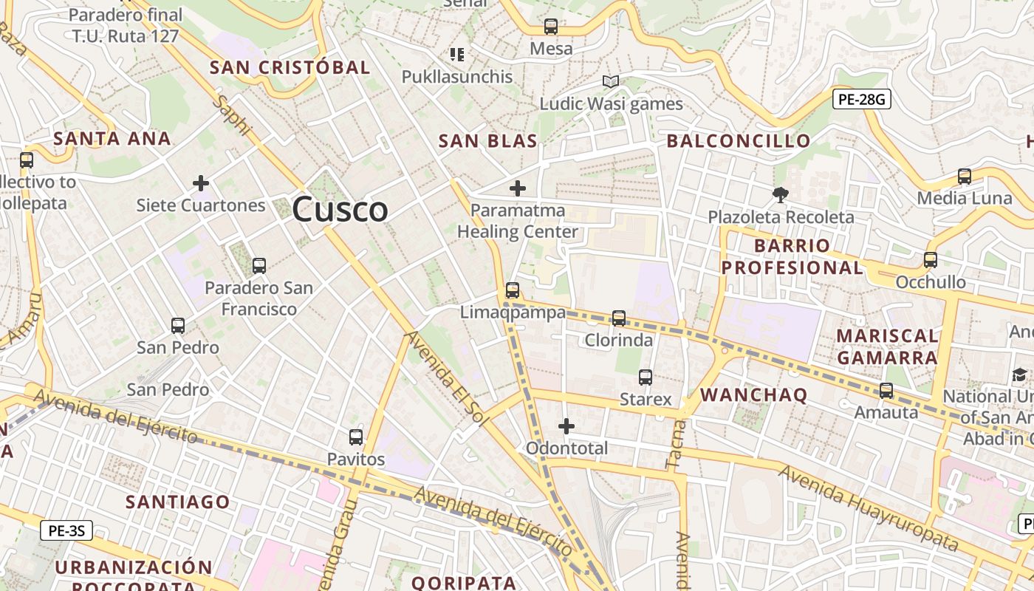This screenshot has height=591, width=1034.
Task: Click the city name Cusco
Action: [340, 210]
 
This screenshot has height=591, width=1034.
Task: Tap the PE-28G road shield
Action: [861, 99]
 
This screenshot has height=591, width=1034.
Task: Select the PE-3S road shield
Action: [66, 530]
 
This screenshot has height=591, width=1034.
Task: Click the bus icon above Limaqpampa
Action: [513, 290]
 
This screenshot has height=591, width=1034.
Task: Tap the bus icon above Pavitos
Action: [356, 437]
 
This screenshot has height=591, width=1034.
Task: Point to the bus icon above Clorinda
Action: [619, 318]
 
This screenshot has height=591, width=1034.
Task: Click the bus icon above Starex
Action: [646, 377]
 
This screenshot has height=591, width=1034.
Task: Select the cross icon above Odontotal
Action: [566, 426]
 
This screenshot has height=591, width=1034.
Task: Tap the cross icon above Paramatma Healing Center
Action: [518, 188]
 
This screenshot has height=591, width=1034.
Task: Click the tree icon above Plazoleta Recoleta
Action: [781, 195]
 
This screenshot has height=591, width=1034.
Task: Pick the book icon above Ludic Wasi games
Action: [611, 81]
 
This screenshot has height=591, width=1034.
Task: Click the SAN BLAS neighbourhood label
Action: [487, 141]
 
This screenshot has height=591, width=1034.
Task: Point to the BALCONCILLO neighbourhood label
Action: [739, 141]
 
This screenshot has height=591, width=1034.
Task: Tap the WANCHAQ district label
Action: [753, 394]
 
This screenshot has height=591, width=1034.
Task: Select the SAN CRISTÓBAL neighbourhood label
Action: [290, 67]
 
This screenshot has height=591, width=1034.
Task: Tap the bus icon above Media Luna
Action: [964, 176]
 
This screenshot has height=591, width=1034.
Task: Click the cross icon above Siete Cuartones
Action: [200, 182]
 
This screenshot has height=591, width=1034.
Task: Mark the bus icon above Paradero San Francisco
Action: [258, 265]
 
